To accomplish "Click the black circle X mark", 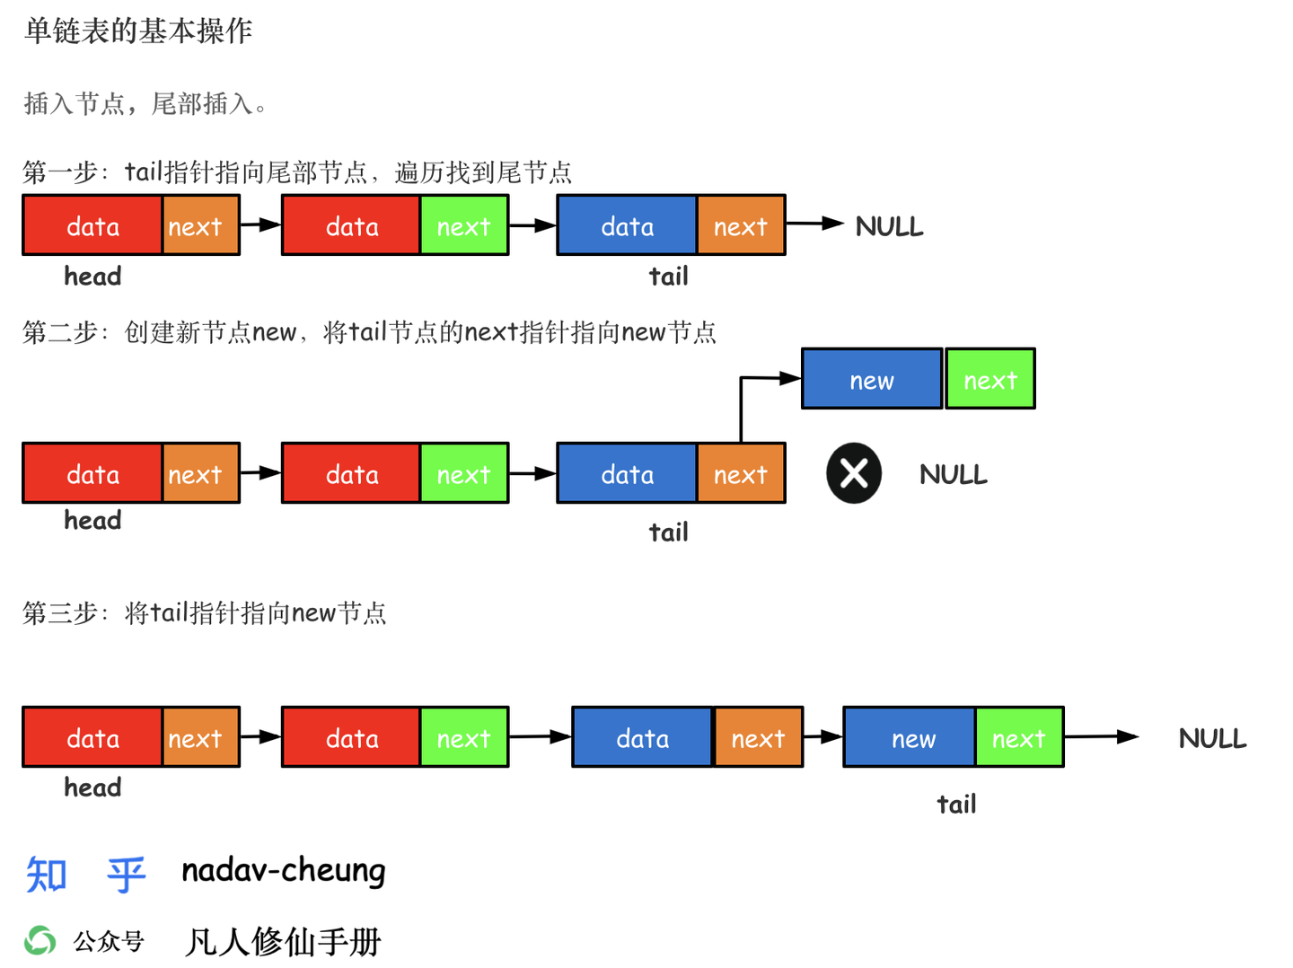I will pos(854,473).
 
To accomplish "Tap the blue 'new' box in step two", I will pos(872,379).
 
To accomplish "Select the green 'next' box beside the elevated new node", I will pos(990,379).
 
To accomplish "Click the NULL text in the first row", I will pos(889,226).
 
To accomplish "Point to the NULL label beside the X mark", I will pos(954,474).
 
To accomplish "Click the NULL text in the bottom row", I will pos(1212,738).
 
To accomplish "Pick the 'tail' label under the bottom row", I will pos(956,804).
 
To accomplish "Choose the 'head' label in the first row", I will pos(92,276).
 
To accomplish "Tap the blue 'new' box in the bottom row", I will pos(910,737).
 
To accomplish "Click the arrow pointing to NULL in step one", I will pos(815,224).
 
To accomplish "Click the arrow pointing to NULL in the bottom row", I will pos(1102,737).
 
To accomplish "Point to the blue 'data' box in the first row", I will pos(627,225).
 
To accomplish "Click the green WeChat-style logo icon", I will pos(40,940).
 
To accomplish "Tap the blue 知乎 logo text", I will pos(85,874).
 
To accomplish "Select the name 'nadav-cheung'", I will pos(284,870).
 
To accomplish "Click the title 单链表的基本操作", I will pos(138,31).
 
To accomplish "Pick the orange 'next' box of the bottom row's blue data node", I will pos(758,737).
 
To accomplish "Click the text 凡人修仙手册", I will pos(284,941).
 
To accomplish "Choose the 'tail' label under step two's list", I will pos(669,532).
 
